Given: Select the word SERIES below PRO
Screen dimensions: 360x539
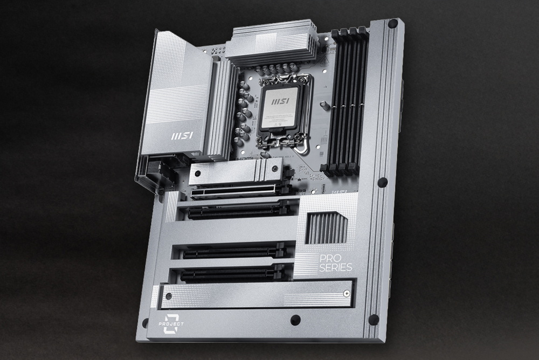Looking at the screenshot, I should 335,267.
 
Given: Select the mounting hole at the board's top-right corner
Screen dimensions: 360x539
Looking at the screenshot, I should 392,24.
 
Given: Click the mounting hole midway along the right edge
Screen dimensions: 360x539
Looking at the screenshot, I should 382,182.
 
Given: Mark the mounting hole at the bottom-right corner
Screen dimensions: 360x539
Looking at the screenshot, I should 373,320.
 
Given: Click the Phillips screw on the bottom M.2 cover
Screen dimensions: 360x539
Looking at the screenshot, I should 346,294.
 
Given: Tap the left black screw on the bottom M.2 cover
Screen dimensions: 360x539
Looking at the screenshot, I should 168,296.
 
